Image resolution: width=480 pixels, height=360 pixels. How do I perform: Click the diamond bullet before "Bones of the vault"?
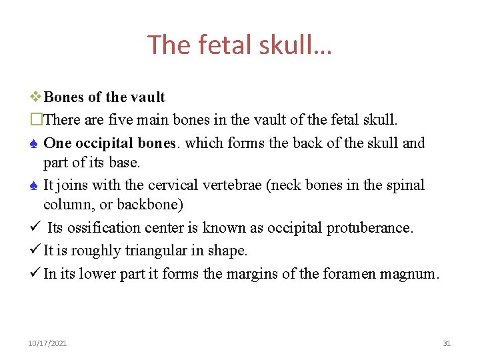[35, 97]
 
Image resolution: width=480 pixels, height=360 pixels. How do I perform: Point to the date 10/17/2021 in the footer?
[47, 343]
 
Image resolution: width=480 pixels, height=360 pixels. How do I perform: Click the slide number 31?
[447, 343]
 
